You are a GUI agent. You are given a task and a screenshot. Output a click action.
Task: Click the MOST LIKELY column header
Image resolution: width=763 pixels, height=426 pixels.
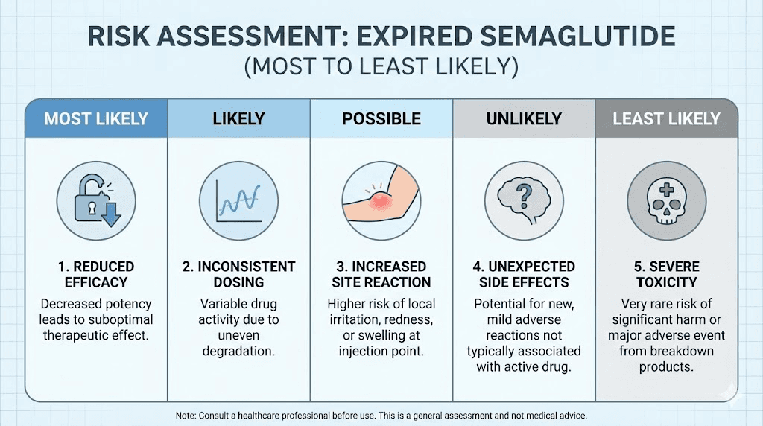95,118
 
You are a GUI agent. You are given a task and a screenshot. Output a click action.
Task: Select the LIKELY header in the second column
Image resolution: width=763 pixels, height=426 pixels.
238,118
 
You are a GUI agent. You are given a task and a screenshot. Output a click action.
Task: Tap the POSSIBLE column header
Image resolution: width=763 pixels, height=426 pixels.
381,118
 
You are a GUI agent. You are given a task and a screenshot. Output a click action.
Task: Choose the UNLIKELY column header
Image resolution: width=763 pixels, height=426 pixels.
524,118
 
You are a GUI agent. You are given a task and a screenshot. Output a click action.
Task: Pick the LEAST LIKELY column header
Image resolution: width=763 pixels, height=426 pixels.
666,118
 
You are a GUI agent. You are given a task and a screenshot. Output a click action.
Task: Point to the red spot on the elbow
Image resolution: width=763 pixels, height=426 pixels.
379,199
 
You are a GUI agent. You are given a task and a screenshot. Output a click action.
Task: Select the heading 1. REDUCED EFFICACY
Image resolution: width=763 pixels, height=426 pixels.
95,274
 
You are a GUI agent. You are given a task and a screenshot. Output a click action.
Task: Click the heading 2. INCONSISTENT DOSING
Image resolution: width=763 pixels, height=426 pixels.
238,274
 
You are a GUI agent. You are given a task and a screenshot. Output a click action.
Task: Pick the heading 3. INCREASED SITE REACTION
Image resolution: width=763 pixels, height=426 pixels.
381,274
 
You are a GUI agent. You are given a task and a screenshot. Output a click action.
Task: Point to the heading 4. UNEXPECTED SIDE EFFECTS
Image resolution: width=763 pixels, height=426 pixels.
524,274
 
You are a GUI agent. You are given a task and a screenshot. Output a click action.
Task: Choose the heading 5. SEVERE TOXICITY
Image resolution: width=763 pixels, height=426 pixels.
666,274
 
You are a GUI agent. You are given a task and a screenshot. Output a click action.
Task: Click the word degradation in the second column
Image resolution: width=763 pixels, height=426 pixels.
238,350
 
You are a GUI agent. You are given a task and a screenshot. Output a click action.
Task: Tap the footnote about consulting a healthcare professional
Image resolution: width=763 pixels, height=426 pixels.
381,415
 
